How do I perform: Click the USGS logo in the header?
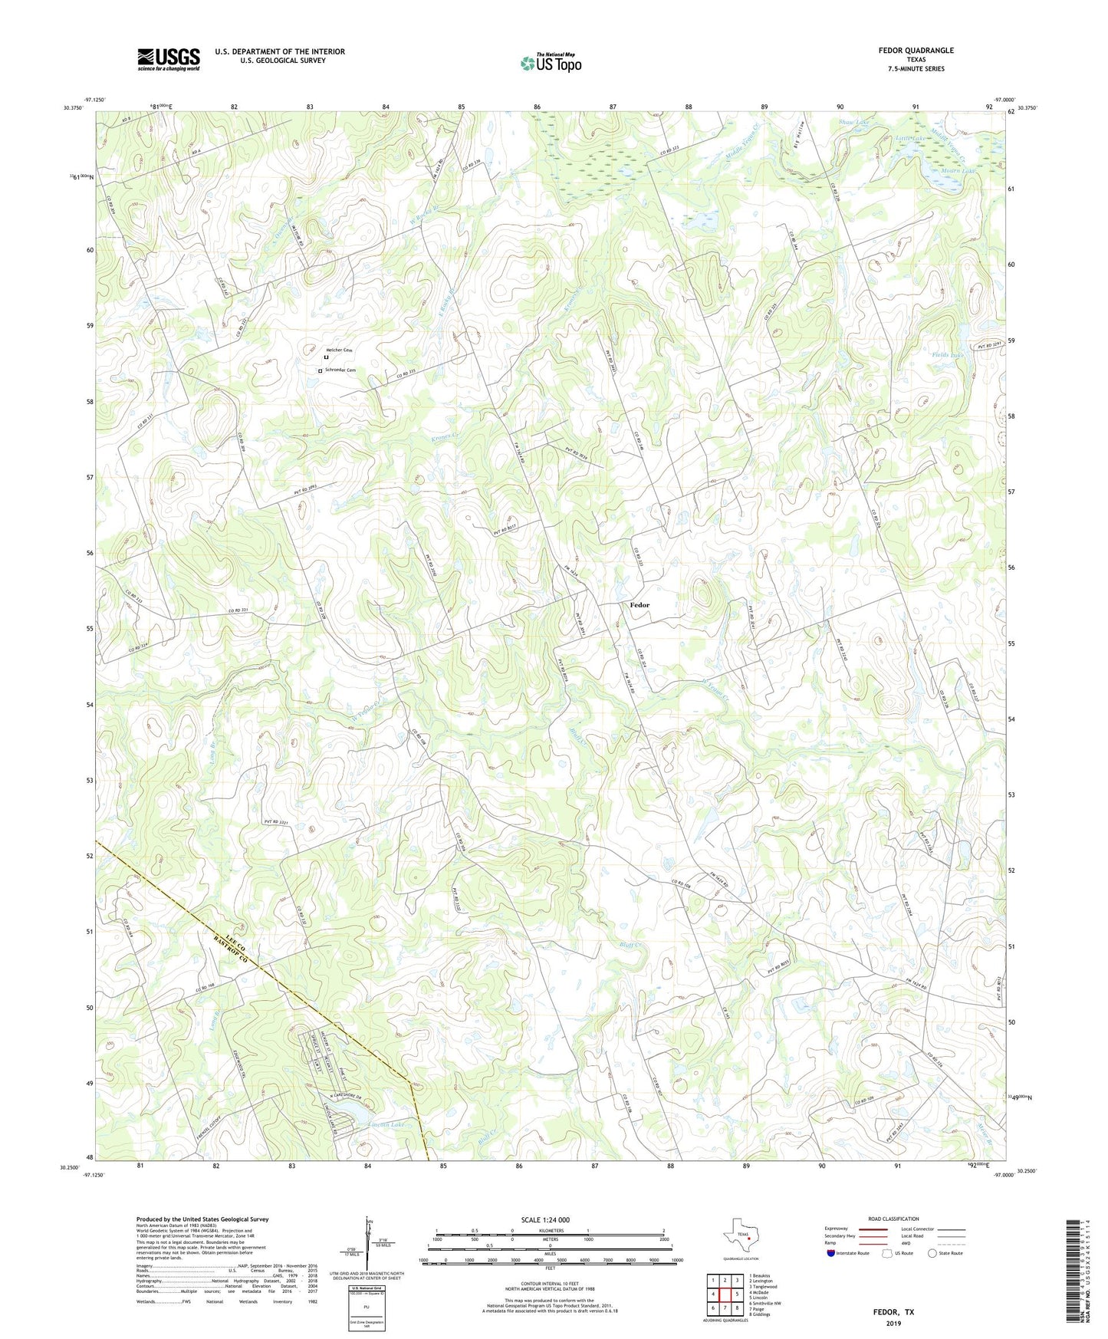point(169,59)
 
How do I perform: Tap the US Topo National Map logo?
point(551,63)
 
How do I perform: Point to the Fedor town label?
point(639,605)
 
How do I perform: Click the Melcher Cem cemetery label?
point(339,350)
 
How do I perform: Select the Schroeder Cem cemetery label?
point(340,370)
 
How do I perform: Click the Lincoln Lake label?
point(386,1124)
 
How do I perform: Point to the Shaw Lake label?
point(854,123)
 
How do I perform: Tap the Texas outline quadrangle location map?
point(740,1238)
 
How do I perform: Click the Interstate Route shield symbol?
point(831,1253)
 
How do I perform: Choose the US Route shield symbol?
point(888,1253)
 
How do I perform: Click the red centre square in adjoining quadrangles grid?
point(725,1295)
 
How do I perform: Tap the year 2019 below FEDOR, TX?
point(893,1324)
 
